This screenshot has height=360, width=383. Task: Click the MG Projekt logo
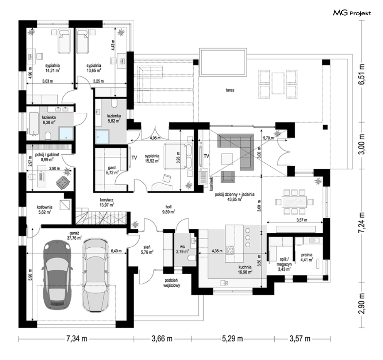(x=352, y=13)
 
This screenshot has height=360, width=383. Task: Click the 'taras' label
(x=230, y=90)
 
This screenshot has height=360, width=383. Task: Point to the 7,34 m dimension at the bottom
(x=77, y=339)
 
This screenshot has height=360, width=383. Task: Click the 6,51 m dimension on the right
(x=361, y=74)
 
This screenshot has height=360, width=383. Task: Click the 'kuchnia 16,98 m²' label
(x=245, y=269)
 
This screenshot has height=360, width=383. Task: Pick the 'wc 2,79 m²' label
(x=182, y=249)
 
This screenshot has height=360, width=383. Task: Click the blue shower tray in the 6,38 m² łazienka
(x=66, y=133)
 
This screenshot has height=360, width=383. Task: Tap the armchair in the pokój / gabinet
(x=63, y=182)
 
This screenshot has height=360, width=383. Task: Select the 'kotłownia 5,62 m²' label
(x=45, y=209)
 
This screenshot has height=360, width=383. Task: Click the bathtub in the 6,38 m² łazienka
(x=34, y=124)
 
